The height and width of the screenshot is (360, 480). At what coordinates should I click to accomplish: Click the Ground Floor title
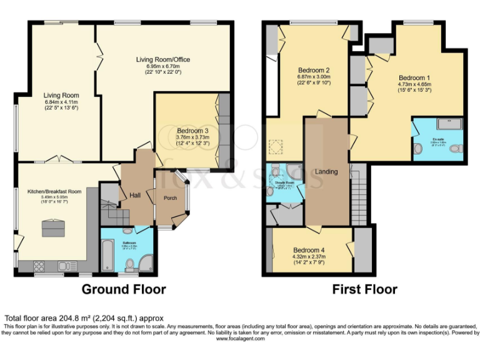[124, 289]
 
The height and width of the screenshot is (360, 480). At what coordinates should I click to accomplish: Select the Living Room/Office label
[163, 59]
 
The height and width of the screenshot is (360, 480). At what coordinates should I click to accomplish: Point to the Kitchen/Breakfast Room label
[54, 191]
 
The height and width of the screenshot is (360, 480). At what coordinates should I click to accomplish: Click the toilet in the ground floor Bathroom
[130, 267]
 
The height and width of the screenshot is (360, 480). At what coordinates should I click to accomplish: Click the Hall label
[135, 196]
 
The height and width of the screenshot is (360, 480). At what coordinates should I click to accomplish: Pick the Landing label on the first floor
[326, 172]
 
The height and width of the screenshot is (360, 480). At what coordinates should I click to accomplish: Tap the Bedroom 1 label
[414, 77]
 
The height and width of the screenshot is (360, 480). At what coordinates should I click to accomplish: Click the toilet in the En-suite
[418, 149]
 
